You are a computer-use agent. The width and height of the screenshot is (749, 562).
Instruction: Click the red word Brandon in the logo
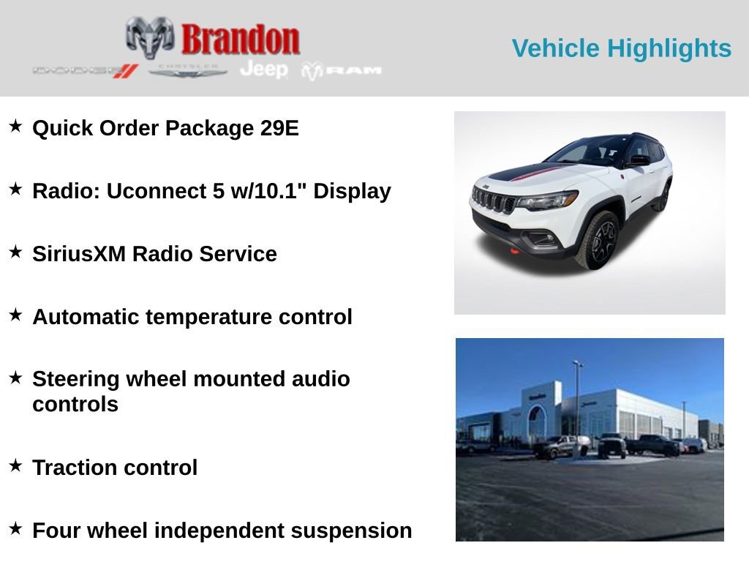point(241,39)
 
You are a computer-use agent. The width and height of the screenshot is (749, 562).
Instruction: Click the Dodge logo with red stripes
point(85,70)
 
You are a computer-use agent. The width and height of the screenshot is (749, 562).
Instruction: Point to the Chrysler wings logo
point(188,70)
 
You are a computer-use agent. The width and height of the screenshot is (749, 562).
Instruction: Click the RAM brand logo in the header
point(342,70)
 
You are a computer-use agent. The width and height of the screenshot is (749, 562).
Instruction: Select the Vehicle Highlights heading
point(621,48)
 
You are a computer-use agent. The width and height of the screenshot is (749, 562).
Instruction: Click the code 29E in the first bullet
point(279,128)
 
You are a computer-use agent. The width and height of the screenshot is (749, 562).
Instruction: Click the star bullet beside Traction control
point(15,465)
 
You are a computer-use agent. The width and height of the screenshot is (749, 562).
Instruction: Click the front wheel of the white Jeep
point(598,240)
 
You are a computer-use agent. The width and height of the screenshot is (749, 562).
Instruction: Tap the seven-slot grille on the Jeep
point(494,200)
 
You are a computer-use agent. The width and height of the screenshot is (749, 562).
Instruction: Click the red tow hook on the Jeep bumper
point(514,251)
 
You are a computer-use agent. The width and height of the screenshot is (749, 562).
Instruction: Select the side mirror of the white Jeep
point(639,160)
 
